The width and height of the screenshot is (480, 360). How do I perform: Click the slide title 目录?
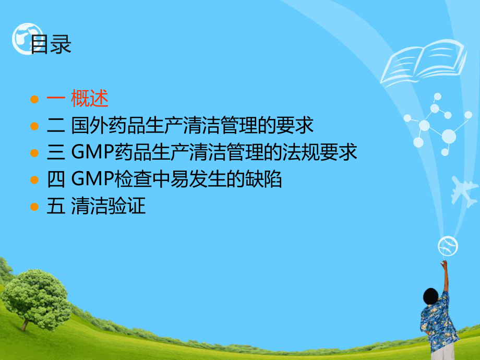(x=50, y=45)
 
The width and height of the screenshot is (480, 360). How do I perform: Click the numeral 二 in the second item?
(x=55, y=126)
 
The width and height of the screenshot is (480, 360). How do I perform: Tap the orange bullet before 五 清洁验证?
(x=35, y=207)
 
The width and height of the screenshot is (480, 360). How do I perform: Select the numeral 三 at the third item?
(x=55, y=153)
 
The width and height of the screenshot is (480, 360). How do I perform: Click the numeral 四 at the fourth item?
(x=55, y=180)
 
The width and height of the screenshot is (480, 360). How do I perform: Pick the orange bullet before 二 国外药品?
(x=35, y=126)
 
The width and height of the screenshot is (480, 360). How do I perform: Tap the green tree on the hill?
(x=37, y=295)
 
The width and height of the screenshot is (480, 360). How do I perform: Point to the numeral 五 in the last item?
(x=55, y=207)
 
